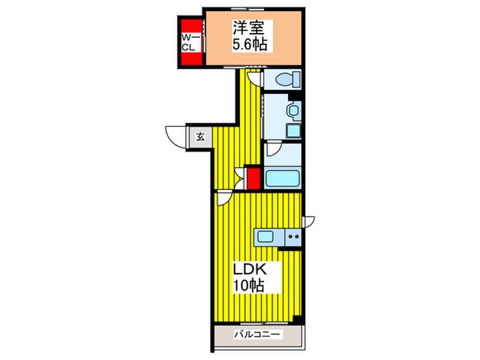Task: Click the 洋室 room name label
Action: coord(248,28)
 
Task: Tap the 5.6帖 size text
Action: coord(250,45)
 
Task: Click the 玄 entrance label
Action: coord(200,137)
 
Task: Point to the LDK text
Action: coord(250,270)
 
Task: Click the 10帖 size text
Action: coord(248,285)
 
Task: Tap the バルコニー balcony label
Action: coord(257,334)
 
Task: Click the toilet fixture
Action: coord(288,80)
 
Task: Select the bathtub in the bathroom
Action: coord(283,179)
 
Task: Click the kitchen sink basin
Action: coord(265,237)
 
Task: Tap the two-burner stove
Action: coord(293,237)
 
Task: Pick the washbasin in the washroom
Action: coord(293,110)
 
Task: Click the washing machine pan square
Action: coord(293,131)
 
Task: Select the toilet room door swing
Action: coord(254,79)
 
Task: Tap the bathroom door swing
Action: coord(273,149)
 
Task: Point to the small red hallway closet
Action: coord(254,179)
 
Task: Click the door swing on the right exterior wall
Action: coord(309,221)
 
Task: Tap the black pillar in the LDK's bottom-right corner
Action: coord(297,319)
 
